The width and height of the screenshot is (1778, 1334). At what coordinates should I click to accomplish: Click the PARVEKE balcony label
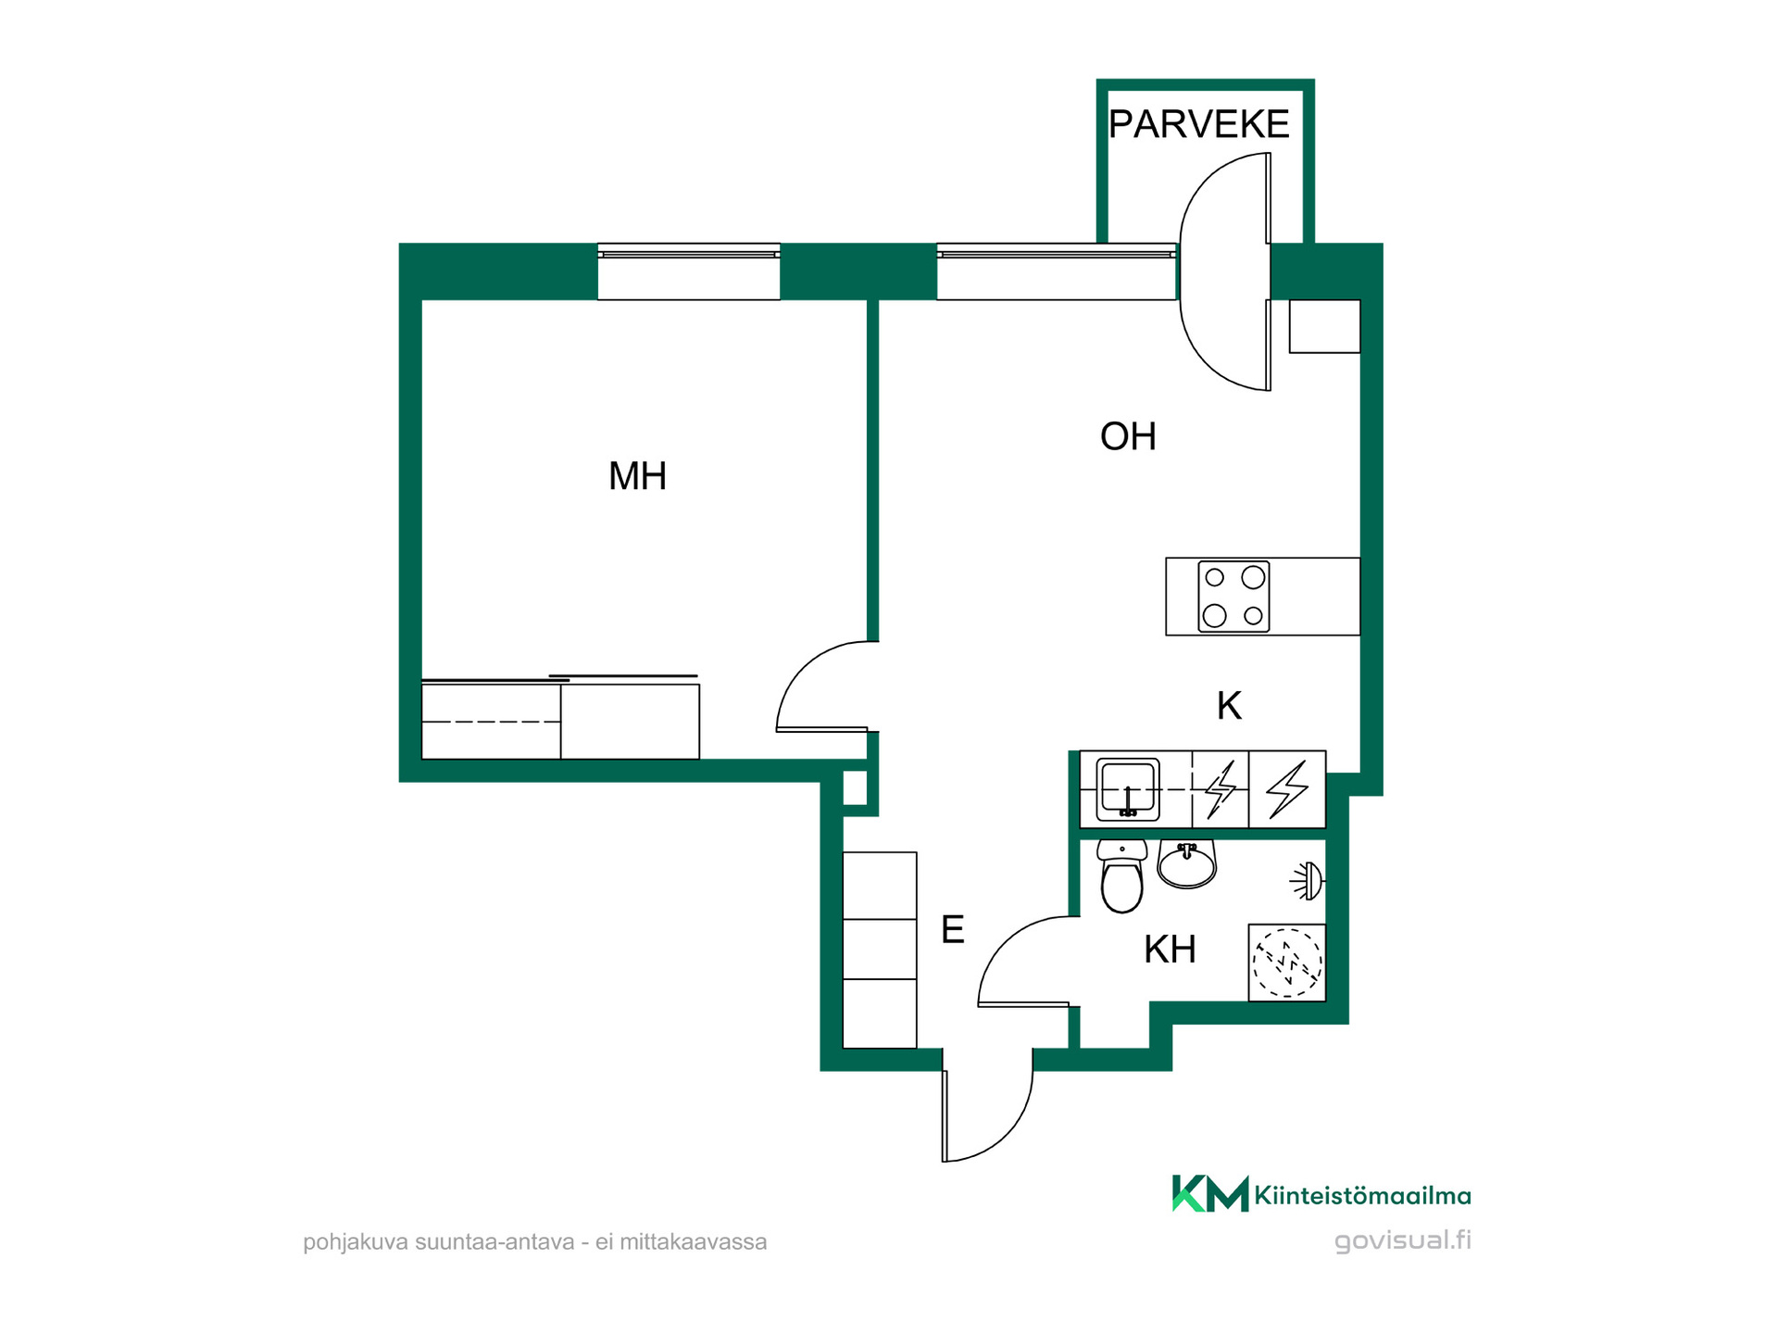tap(1198, 124)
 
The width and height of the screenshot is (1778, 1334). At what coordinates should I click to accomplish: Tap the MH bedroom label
tap(637, 476)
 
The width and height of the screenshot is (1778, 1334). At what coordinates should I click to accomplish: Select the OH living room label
tap(1128, 436)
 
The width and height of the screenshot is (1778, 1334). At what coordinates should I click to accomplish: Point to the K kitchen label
tap(1229, 706)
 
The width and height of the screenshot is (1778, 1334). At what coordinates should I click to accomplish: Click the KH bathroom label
tap(1170, 950)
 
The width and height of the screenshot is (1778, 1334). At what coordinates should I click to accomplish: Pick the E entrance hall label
tap(952, 929)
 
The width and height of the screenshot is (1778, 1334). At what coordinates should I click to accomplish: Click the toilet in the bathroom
tap(1122, 876)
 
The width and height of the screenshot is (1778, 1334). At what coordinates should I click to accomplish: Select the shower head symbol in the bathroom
tap(1308, 881)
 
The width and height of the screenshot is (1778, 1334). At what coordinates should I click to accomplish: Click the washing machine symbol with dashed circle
tap(1287, 963)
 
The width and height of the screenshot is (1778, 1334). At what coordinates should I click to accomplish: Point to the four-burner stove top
tap(1233, 597)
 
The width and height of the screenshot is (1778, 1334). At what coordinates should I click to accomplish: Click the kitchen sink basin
tap(1128, 789)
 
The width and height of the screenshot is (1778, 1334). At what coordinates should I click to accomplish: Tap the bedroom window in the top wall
tap(689, 271)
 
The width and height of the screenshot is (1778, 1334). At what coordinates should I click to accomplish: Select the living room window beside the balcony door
tap(1057, 271)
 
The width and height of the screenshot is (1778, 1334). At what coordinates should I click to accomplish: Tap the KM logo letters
tap(1209, 1193)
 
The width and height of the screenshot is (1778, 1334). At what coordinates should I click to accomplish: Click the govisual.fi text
tap(1402, 1241)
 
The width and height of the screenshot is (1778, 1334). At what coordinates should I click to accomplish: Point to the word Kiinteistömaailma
tap(1362, 1196)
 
